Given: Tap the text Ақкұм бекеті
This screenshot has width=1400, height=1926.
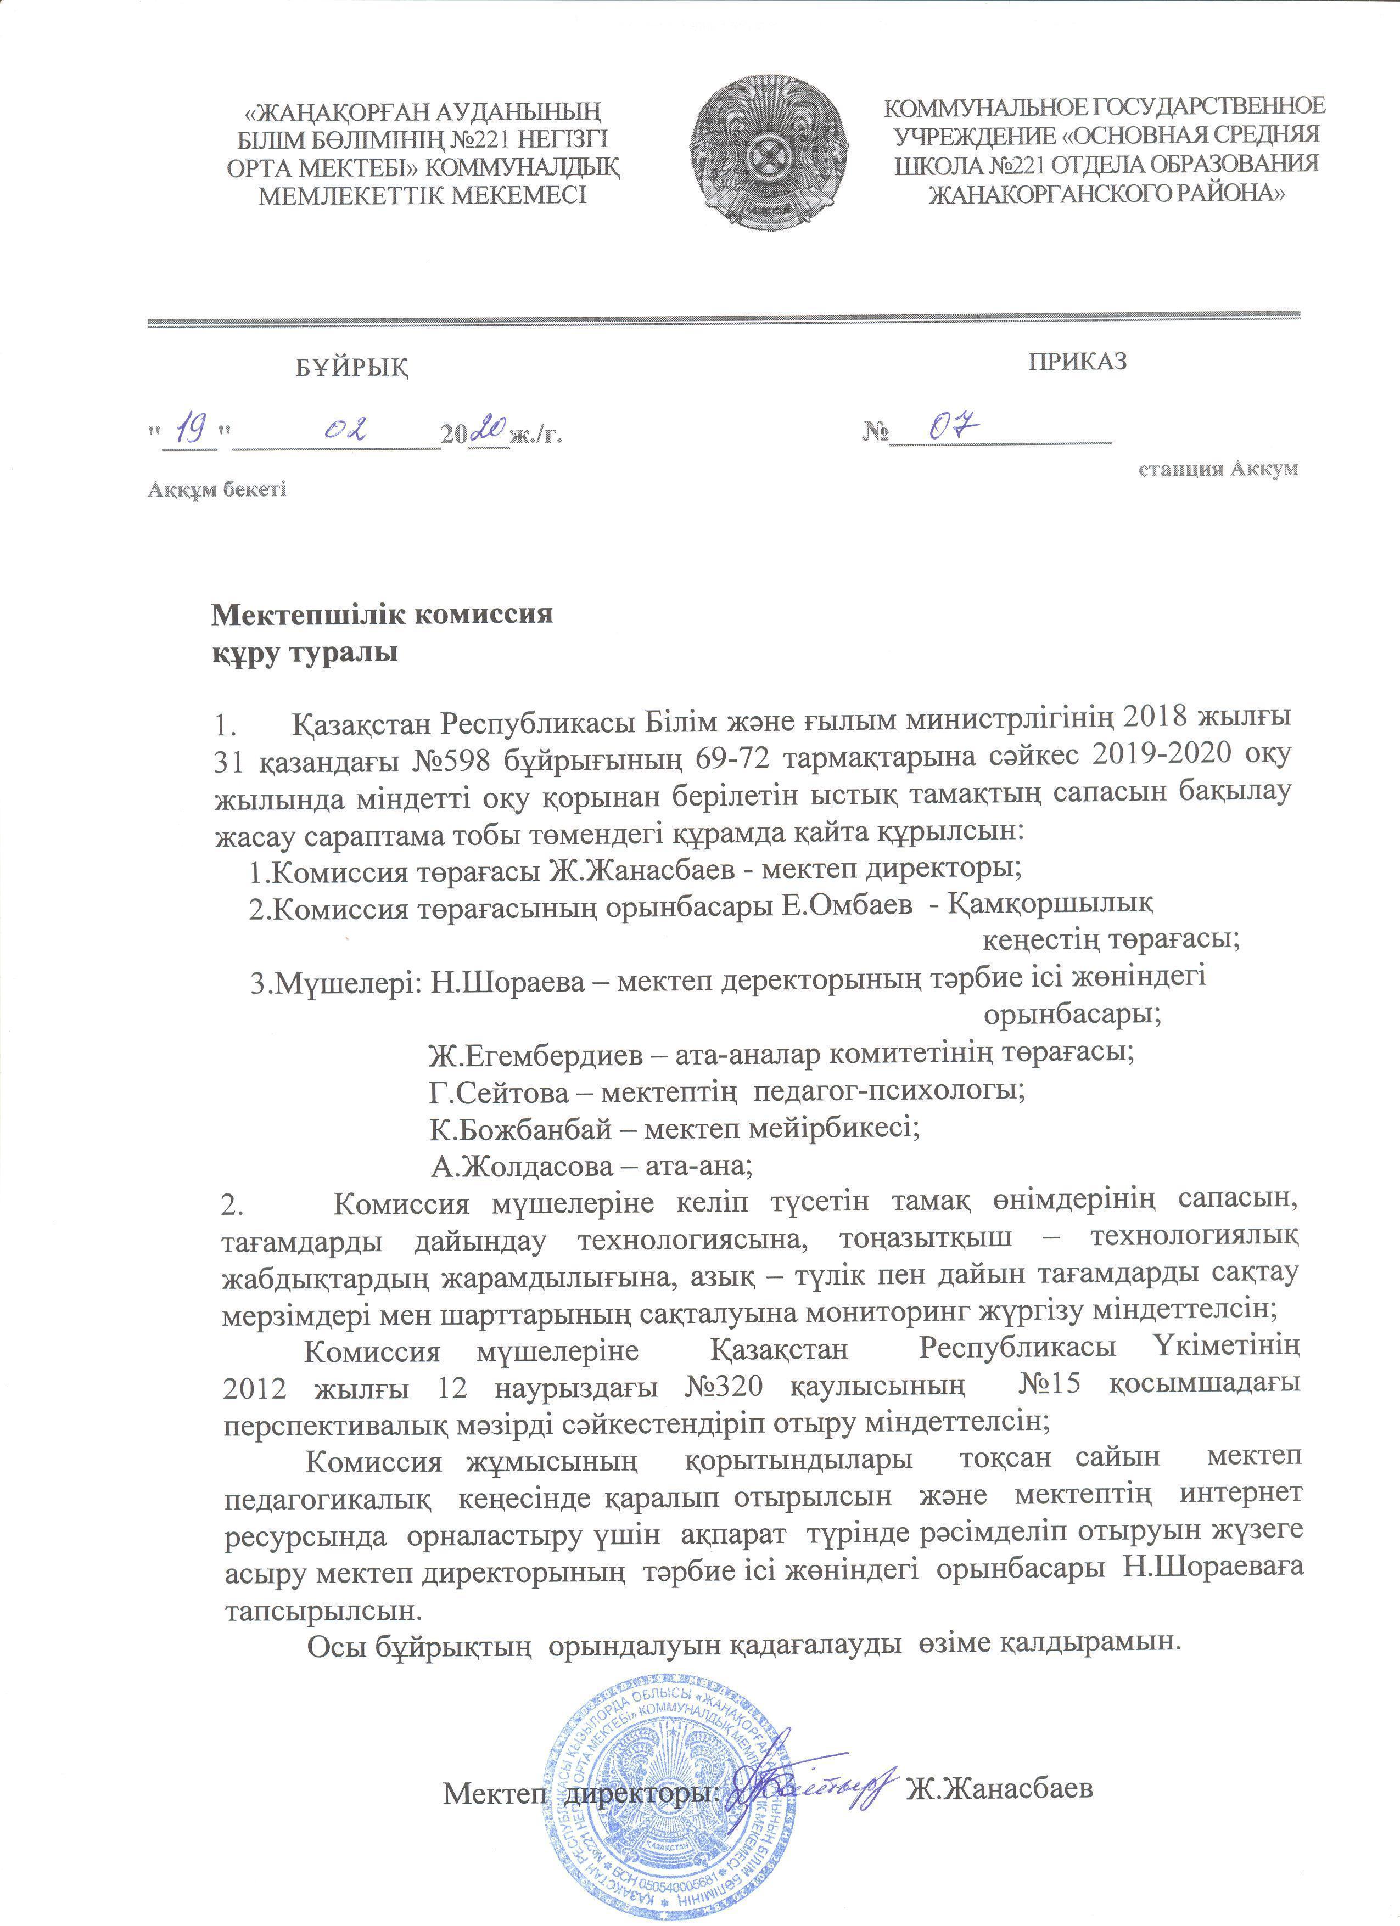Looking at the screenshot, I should click(217, 490).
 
